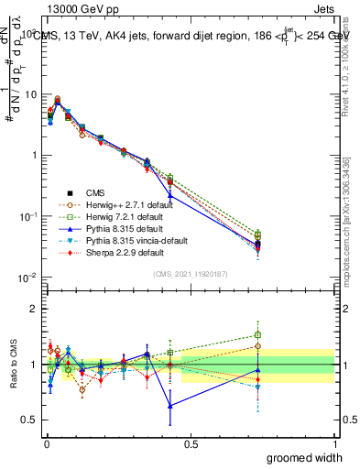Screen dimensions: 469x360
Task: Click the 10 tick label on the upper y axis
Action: coord(28,94)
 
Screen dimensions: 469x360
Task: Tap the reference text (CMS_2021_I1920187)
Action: coord(190,274)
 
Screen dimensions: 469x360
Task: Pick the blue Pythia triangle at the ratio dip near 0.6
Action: coord(170,406)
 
